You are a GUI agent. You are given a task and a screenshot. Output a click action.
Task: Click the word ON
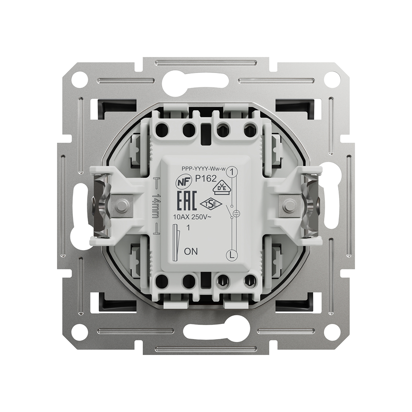(x=191, y=251)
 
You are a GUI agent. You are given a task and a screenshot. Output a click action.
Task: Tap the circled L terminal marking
(x=231, y=255)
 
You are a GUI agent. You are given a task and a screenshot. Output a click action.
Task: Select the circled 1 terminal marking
(x=231, y=172)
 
